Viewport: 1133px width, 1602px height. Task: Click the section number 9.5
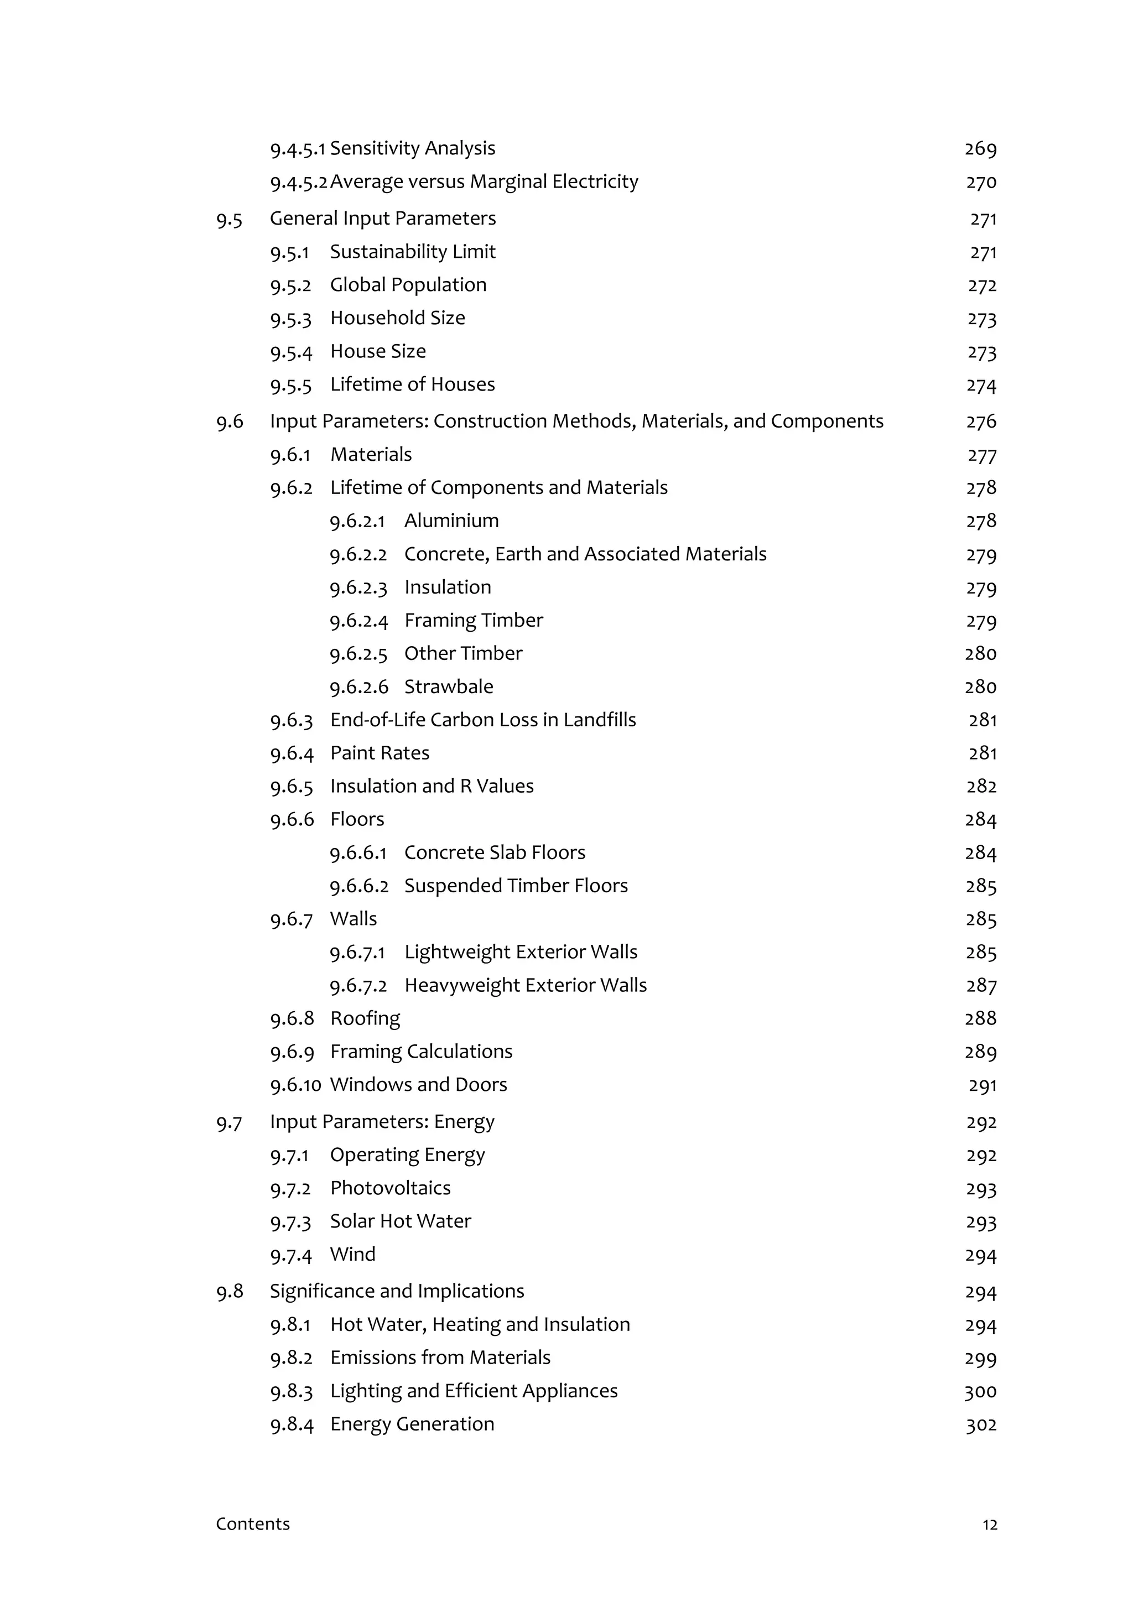[x=229, y=219]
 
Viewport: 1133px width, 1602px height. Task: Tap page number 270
[x=981, y=182]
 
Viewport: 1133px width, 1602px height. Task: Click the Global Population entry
[x=408, y=285]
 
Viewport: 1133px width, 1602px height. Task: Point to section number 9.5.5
[x=291, y=385]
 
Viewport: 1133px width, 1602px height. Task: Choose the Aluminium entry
[x=451, y=521]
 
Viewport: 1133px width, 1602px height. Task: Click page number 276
[x=981, y=422]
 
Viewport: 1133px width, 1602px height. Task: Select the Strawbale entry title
[x=449, y=686]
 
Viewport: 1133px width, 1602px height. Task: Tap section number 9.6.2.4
[x=358, y=621]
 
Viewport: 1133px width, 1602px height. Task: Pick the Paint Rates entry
[x=380, y=753]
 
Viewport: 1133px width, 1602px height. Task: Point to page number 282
[x=981, y=787]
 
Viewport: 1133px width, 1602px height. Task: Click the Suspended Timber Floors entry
[x=516, y=886]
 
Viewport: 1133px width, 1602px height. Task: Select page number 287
[x=981, y=985]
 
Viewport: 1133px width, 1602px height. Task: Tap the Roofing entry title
[x=365, y=1019]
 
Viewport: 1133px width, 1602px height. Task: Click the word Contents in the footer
[x=253, y=1524]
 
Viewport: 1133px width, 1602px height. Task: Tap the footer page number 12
[x=989, y=1525]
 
